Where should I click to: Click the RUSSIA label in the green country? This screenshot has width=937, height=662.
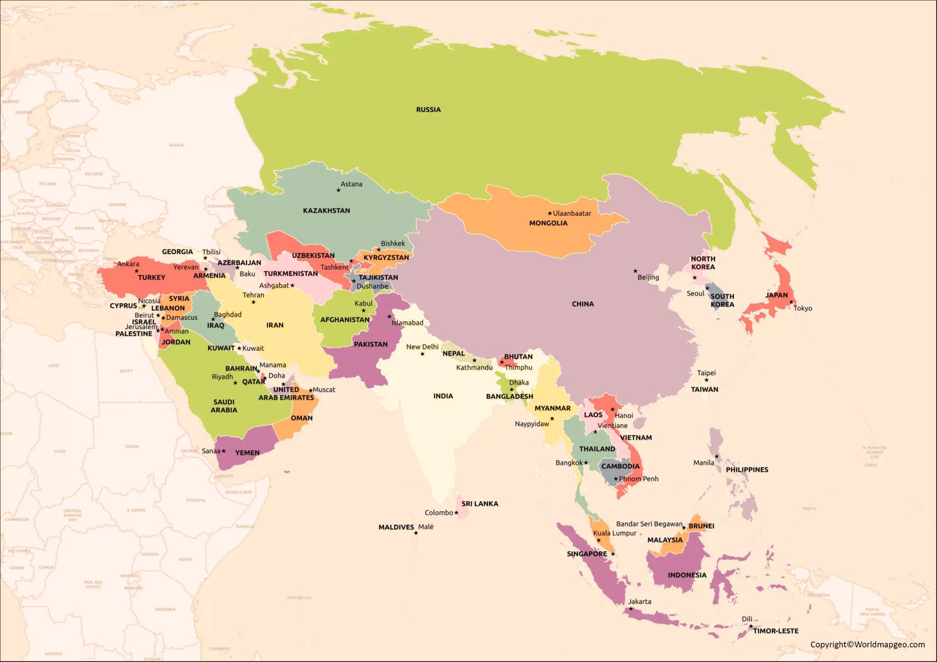pos(428,110)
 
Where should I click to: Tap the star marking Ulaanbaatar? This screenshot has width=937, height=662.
pos(550,214)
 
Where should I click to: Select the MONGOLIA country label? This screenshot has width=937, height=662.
pos(548,223)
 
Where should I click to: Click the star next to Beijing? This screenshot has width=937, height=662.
pos(635,271)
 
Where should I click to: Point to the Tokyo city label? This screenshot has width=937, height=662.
pos(802,308)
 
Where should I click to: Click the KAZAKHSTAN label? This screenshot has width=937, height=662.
pos(326,211)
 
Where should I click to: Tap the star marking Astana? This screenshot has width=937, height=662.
pos(339,190)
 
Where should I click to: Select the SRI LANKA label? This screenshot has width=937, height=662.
pos(479,504)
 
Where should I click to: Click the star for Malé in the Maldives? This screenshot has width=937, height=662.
pos(416,533)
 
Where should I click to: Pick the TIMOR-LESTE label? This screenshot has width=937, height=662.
pos(775,631)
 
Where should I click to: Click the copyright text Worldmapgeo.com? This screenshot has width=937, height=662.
pos(867,645)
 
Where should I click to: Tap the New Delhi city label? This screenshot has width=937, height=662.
pos(422,347)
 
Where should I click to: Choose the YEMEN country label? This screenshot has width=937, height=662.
pos(247,453)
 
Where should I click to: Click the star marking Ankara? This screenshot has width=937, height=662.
pos(136,271)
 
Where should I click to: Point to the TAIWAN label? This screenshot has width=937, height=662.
pos(704,390)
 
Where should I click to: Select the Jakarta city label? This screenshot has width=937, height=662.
pos(639,602)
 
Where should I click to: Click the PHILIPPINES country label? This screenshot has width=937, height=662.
pos(747,470)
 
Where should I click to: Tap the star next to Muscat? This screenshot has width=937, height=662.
pos(311,390)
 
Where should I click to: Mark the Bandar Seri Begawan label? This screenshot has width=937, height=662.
pos(649,524)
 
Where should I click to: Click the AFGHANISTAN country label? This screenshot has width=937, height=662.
pos(345,320)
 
